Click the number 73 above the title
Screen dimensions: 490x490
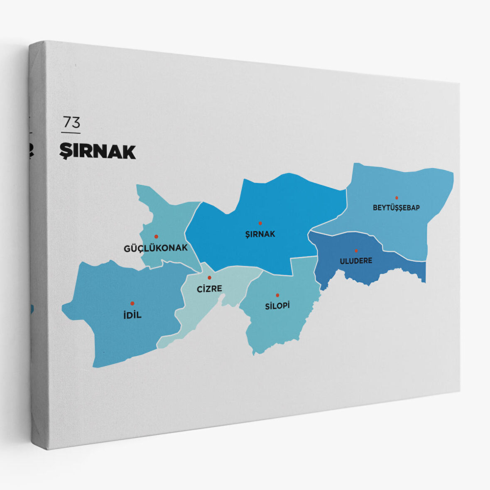click(x=71, y=122)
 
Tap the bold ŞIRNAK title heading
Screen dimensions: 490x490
click(x=98, y=152)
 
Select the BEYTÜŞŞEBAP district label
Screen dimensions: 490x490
click(x=396, y=208)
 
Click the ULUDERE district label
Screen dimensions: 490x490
click(x=356, y=261)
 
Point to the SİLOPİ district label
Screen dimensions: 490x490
click(x=277, y=306)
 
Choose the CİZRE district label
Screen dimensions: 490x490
click(x=209, y=289)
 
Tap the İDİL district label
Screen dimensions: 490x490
click(x=132, y=315)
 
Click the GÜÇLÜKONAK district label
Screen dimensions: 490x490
click(x=156, y=248)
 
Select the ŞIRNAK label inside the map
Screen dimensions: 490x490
click(x=260, y=234)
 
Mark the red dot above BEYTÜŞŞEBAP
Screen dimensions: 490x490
click(x=397, y=198)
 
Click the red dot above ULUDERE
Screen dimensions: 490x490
click(x=356, y=251)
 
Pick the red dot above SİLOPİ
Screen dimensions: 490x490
click(x=277, y=295)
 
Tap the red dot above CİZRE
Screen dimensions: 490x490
click(x=209, y=277)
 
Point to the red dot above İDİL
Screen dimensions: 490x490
click(x=132, y=304)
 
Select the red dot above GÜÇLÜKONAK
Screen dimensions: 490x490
click(x=156, y=236)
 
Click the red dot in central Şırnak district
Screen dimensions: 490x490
click(x=260, y=223)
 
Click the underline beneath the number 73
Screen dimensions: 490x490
click(x=71, y=133)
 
